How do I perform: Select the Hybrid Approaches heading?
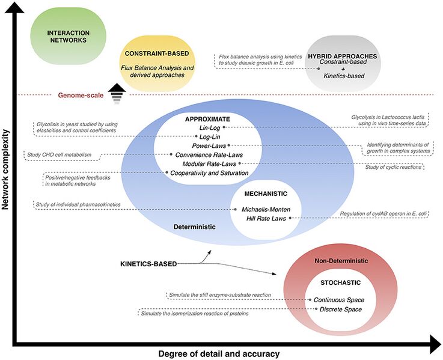(x=343, y=56)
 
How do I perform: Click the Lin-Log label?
(x=207, y=127)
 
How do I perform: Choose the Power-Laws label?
(x=210, y=145)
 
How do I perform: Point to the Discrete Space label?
(x=341, y=309)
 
